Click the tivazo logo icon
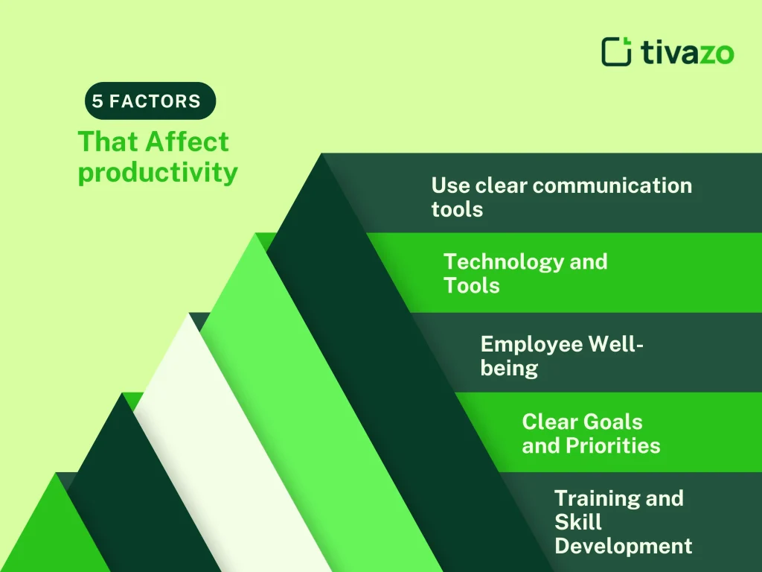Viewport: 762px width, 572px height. pyautogui.click(x=617, y=51)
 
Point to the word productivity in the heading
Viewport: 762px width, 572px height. pyautogui.click(x=158, y=173)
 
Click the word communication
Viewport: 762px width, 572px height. pyautogui.click(x=612, y=185)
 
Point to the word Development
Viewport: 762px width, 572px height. pyautogui.click(x=623, y=546)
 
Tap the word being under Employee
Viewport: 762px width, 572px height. pyautogui.click(x=509, y=368)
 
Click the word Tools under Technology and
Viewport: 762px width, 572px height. pyautogui.click(x=471, y=286)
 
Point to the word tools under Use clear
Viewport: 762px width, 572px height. pyautogui.click(x=457, y=209)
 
